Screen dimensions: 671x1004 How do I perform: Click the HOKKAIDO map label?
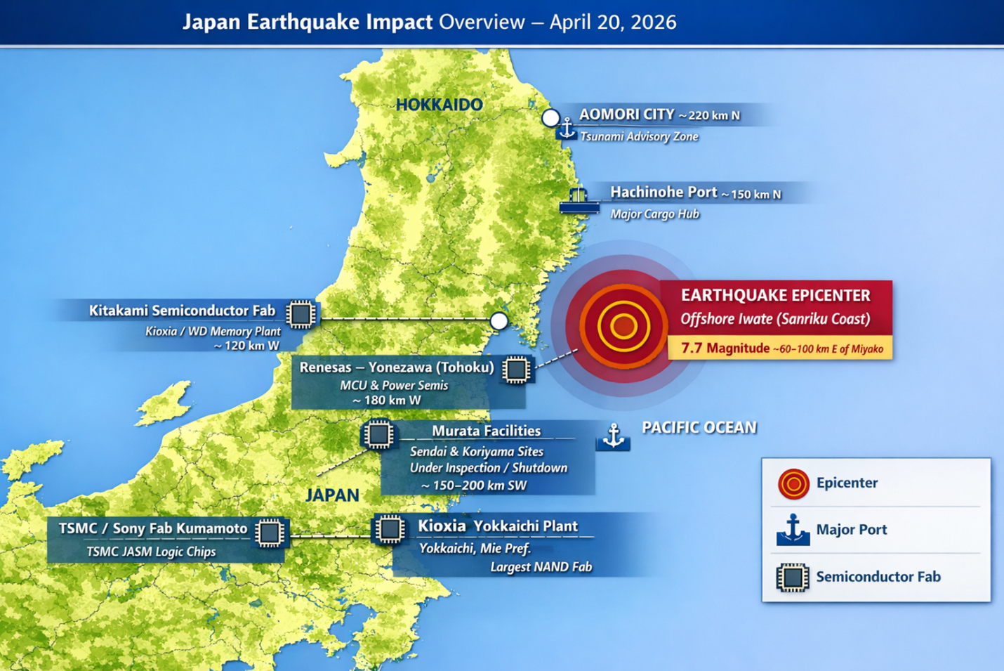[439, 105]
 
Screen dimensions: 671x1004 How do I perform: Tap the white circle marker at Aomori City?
[550, 117]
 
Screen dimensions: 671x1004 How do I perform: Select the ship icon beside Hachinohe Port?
[579, 200]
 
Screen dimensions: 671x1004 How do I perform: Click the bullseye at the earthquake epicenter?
[623, 326]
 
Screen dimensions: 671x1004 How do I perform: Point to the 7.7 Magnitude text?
[725, 348]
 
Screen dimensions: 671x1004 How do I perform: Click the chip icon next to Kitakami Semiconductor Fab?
[300, 314]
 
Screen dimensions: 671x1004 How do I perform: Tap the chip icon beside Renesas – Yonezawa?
[516, 370]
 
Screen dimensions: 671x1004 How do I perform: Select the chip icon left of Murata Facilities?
[378, 435]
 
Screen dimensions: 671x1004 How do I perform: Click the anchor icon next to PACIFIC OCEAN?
[614, 436]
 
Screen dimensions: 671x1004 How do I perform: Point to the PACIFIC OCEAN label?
[699, 428]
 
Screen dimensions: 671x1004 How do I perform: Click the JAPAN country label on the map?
[333, 495]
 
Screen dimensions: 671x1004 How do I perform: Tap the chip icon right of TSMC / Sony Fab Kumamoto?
[269, 533]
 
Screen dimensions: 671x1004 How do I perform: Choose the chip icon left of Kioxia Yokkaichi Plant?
[390, 529]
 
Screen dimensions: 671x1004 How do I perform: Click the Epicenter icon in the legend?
[793, 483]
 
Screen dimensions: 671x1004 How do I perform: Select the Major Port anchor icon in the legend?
[793, 530]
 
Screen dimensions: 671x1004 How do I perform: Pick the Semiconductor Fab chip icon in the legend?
[793, 578]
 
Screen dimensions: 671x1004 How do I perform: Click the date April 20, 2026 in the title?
[612, 22]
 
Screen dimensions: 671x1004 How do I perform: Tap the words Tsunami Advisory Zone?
[639, 137]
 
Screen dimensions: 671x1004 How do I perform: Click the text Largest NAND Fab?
[541, 567]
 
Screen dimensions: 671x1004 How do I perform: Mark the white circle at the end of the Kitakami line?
[498, 321]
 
